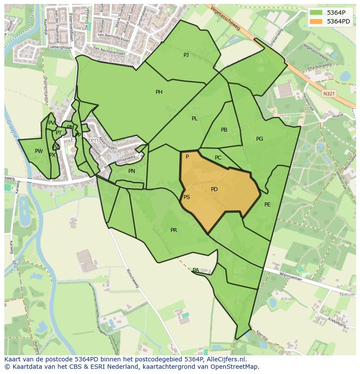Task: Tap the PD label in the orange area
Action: pos(214,189)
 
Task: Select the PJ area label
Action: pos(186,55)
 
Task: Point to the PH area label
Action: pos(159,92)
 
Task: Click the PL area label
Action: pos(195,119)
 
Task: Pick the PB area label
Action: pos(224,130)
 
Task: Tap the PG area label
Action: pos(260,139)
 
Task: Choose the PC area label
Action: pos(218,158)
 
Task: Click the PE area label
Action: pos(267,205)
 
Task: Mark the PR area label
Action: pos(173,230)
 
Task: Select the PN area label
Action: pos(132,171)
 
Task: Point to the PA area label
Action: pos(196,270)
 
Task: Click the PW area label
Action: pos(39,151)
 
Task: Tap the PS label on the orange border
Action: pos(187,197)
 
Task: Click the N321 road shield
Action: pos(330,93)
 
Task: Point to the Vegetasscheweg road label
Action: pos(226,19)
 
